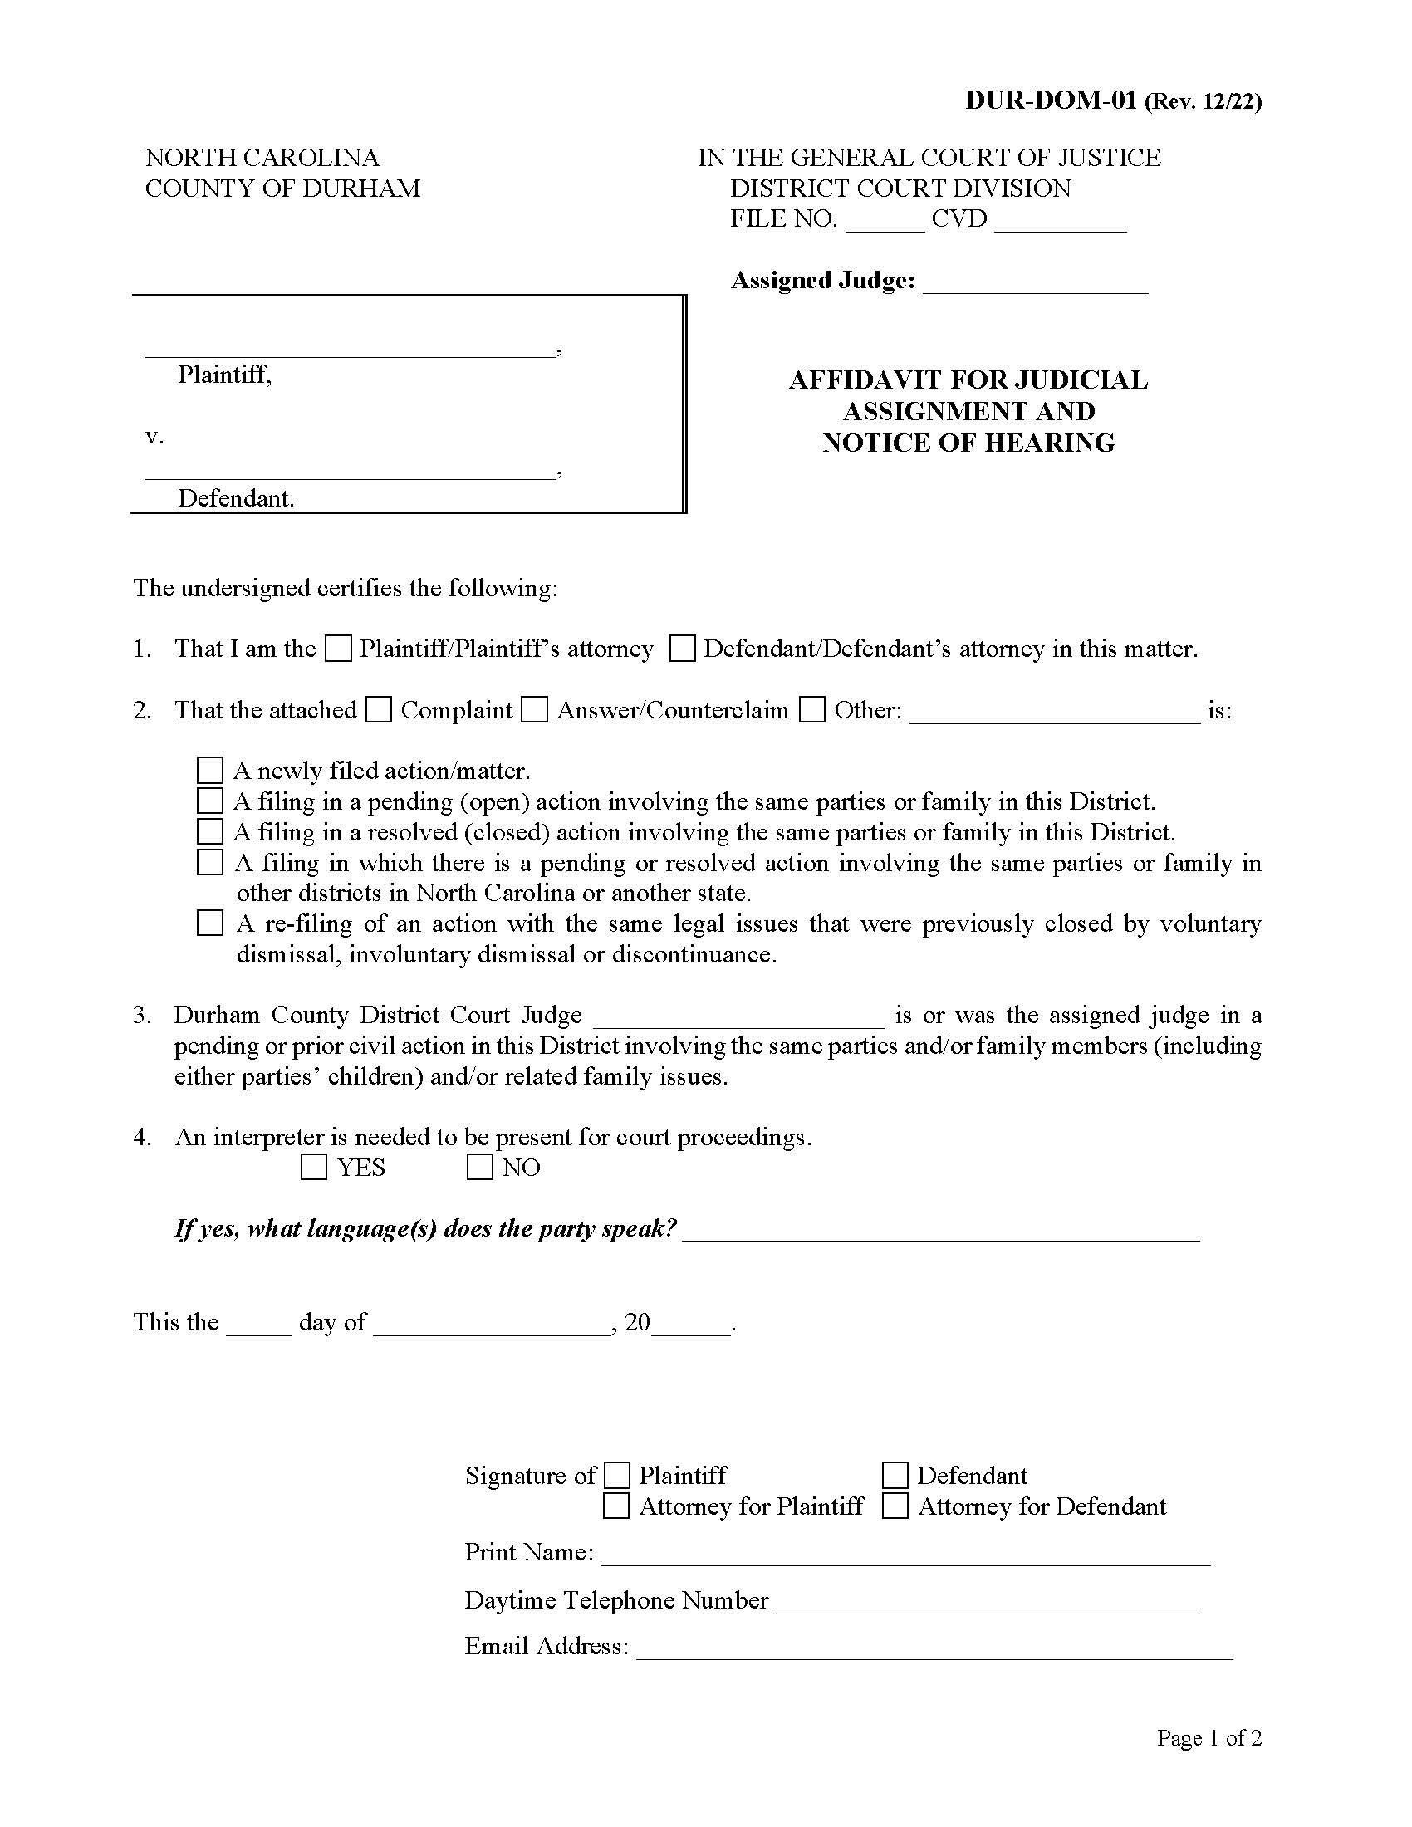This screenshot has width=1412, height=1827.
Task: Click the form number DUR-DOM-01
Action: point(1051,101)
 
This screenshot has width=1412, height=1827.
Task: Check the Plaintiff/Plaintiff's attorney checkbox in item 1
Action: point(338,649)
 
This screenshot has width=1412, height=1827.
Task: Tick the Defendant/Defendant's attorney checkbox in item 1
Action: point(683,649)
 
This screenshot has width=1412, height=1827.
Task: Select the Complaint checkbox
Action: point(379,710)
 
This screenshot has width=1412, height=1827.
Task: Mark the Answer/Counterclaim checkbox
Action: point(535,710)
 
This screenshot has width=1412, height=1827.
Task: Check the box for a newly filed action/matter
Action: point(210,771)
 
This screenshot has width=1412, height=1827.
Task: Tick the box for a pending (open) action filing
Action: point(210,801)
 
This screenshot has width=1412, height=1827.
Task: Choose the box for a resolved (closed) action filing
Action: point(210,831)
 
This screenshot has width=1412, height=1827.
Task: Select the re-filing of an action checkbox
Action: point(210,923)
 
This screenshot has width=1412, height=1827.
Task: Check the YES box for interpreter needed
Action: point(314,1167)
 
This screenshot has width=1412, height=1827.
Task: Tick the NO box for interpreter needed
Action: point(479,1167)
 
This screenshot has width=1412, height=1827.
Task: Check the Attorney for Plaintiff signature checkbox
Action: point(616,1506)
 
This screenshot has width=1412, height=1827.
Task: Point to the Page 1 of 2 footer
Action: point(1209,1738)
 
